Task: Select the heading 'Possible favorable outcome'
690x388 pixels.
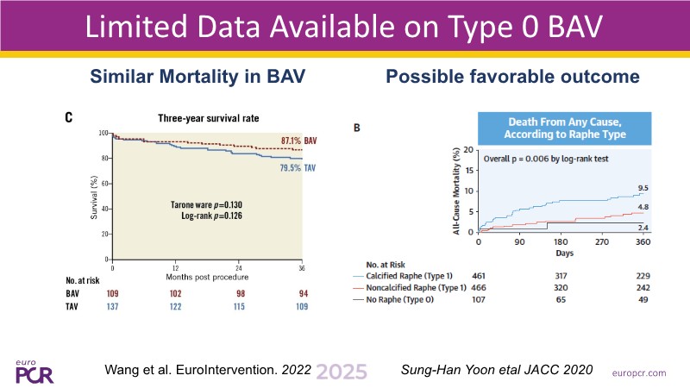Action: (512, 77)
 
